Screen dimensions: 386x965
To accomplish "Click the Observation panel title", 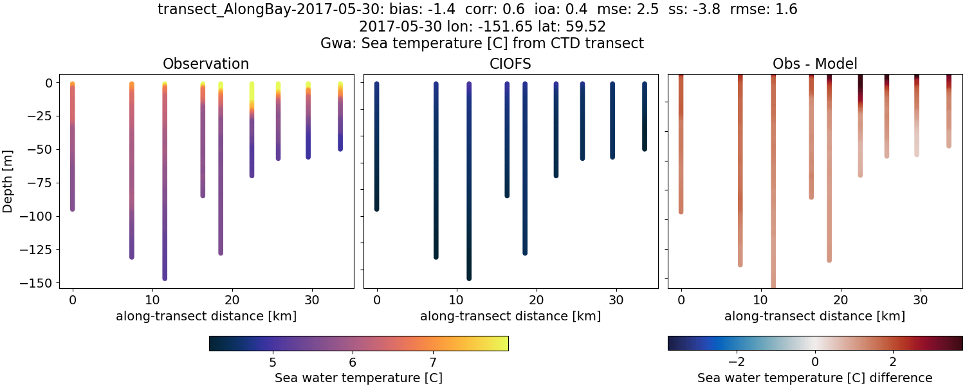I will (205, 64).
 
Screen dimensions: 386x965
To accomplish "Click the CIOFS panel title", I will (510, 64).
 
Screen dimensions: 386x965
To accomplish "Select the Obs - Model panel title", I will (814, 64).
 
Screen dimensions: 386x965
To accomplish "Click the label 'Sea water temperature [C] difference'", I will (814, 378).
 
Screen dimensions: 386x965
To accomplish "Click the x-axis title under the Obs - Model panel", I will (814, 316).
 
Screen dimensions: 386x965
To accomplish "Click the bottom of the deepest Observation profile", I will (165, 278).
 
